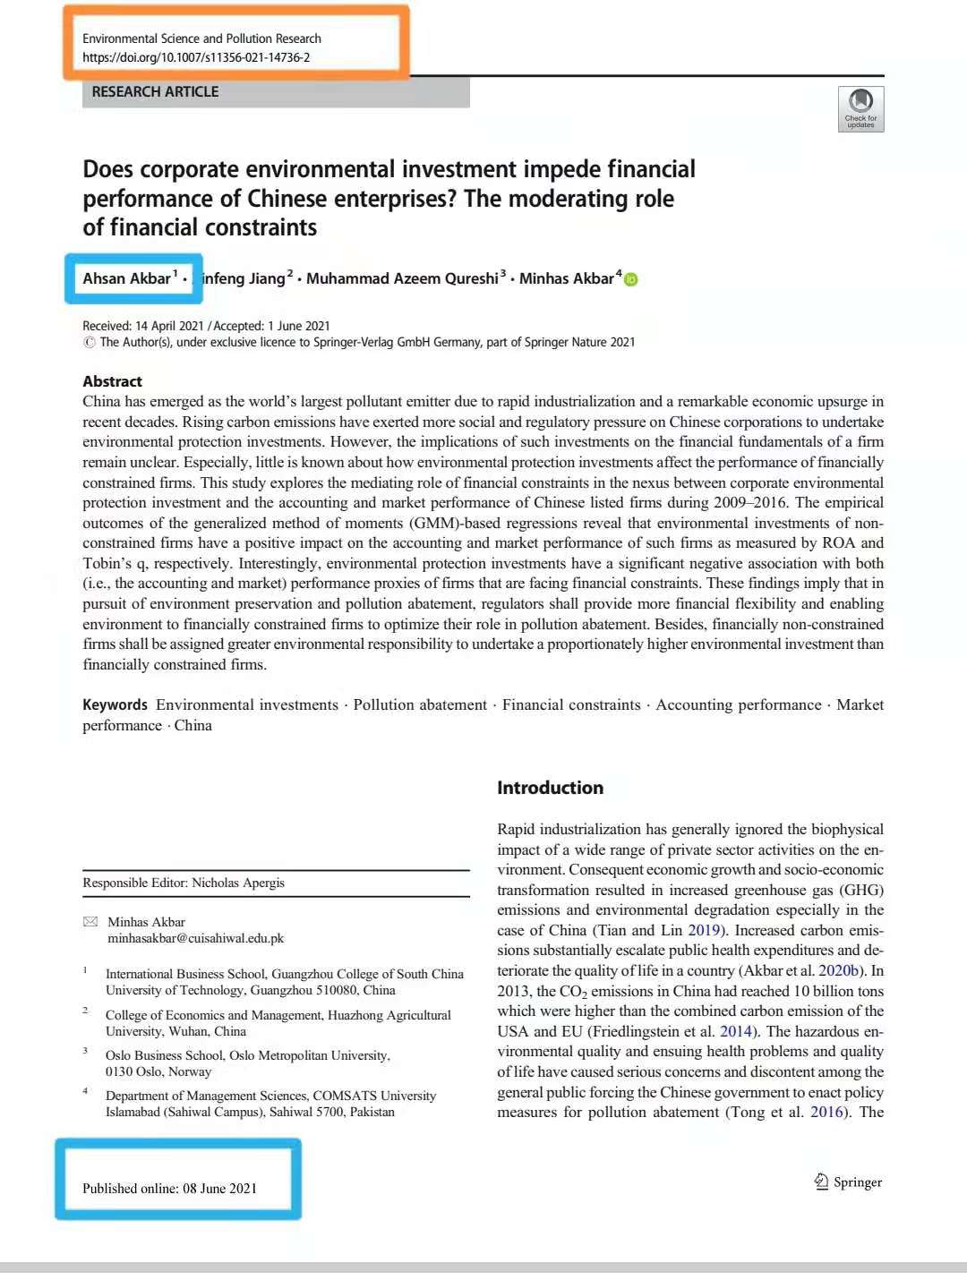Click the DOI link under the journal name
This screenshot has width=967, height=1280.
pyautogui.click(x=196, y=57)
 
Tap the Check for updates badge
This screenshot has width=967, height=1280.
pyautogui.click(x=860, y=109)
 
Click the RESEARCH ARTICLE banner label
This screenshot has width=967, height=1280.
pyautogui.click(x=155, y=91)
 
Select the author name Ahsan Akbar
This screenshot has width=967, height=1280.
pyautogui.click(x=126, y=278)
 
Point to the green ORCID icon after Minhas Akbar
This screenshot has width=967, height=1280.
pyautogui.click(x=631, y=279)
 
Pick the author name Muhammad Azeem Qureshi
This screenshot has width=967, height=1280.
pyautogui.click(x=402, y=278)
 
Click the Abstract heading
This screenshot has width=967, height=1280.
pyautogui.click(x=112, y=381)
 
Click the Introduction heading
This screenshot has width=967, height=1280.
pyautogui.click(x=550, y=788)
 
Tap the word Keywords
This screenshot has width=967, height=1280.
pyautogui.click(x=115, y=705)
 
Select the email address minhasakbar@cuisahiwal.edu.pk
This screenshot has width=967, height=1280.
pyautogui.click(x=195, y=938)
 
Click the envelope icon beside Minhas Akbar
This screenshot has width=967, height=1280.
pyautogui.click(x=90, y=922)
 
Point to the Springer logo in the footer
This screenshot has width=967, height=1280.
pyautogui.click(x=847, y=1182)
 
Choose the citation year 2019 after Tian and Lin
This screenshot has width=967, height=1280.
pyautogui.click(x=704, y=930)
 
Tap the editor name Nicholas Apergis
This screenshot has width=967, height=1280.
pyautogui.click(x=238, y=883)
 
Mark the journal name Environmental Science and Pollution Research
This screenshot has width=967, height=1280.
pyautogui.click(x=201, y=38)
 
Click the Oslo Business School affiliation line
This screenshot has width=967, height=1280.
pyautogui.click(x=247, y=1055)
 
